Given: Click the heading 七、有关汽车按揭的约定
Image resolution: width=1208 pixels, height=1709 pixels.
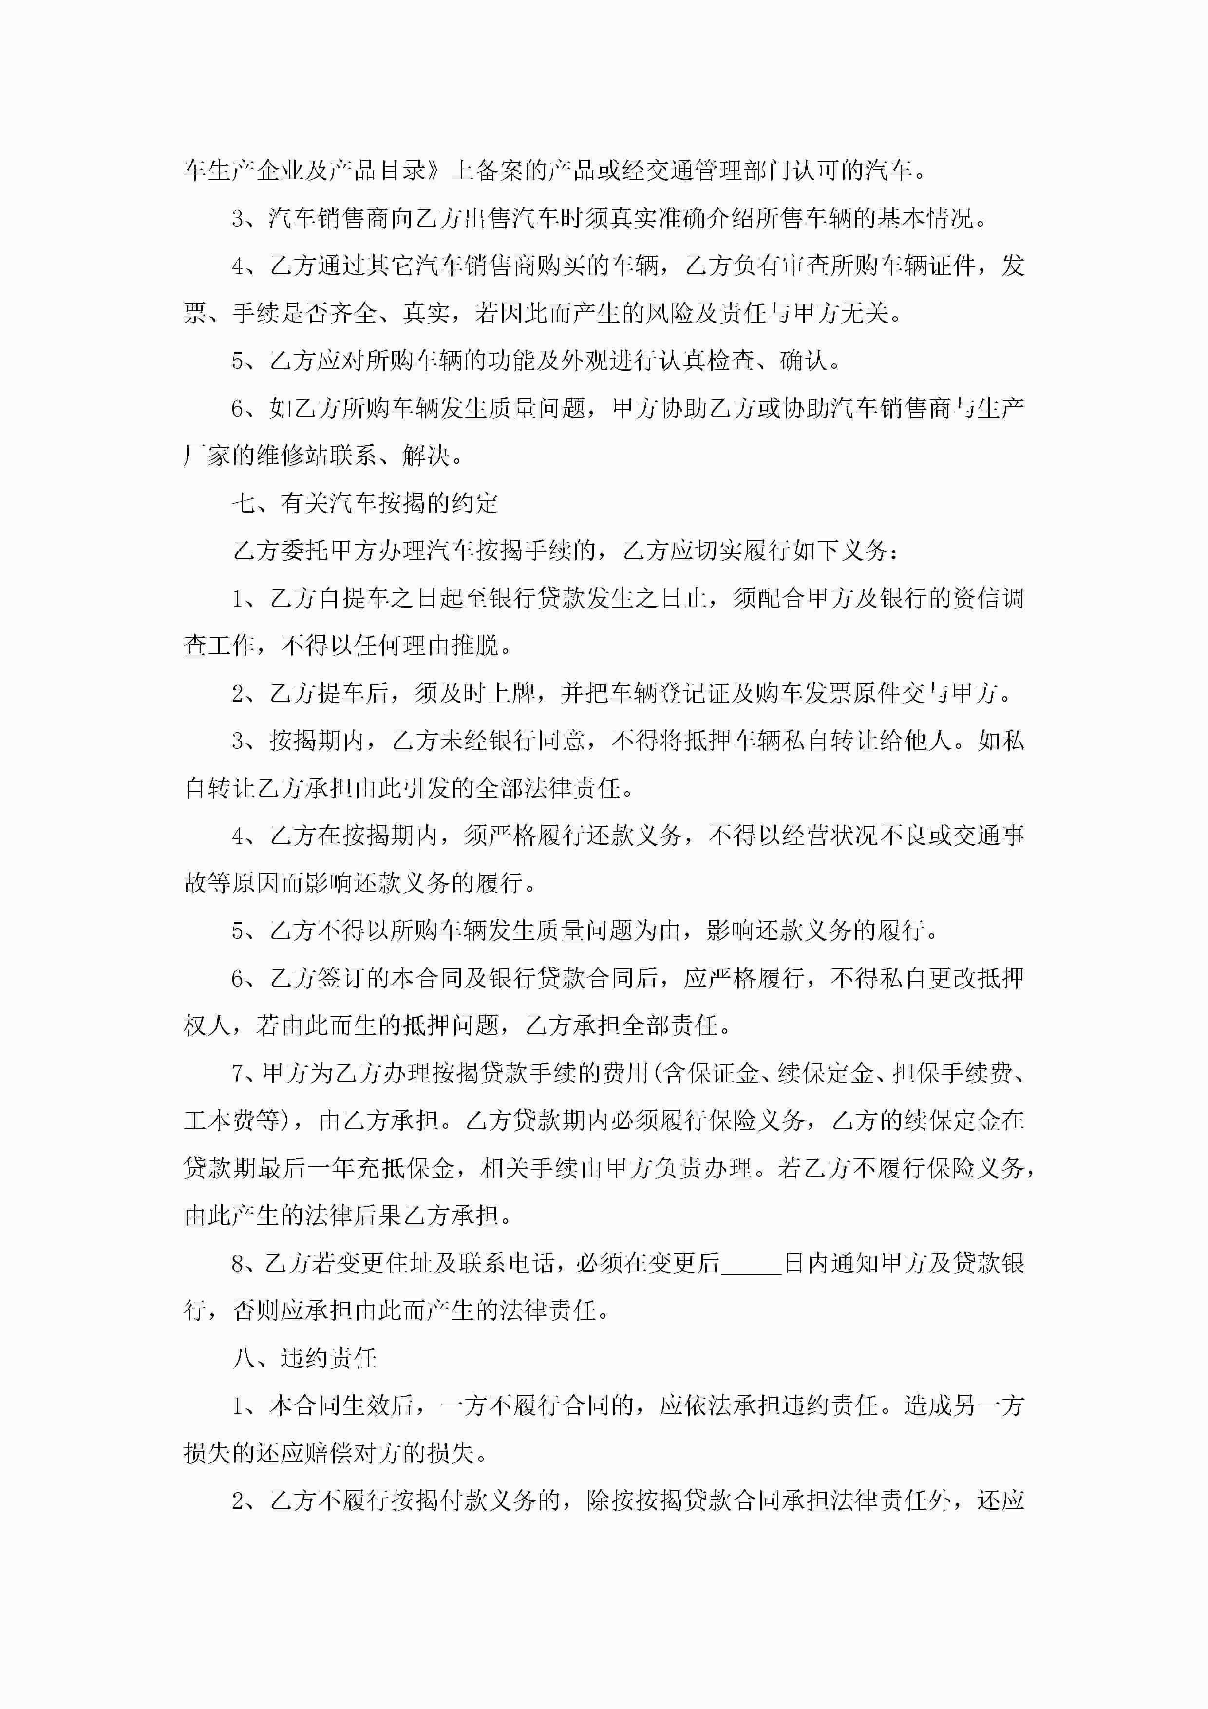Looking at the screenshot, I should click(365, 504).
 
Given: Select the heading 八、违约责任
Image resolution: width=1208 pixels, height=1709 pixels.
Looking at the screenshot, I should click(304, 1358).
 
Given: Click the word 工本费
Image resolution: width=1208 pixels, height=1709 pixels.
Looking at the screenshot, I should click(220, 1121).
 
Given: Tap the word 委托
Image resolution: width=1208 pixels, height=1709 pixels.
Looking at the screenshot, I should click(304, 551).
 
